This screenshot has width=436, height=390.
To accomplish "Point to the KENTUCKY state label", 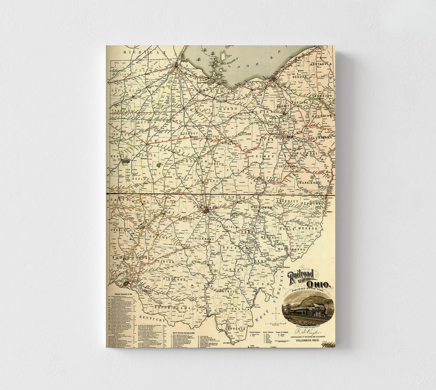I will coord(150,319).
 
